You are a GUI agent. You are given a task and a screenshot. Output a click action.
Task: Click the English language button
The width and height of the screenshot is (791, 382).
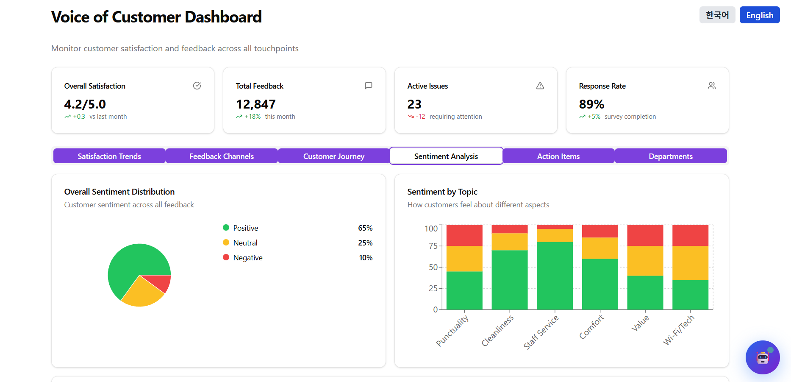759,15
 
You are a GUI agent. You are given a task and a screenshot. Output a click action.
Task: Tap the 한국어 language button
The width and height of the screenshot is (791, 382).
717,15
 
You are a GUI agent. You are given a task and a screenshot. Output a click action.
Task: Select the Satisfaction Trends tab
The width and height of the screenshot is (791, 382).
109,156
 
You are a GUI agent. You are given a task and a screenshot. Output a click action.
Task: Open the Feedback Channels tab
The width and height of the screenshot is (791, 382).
222,156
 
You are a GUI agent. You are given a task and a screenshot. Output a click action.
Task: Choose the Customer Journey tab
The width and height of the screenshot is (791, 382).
334,156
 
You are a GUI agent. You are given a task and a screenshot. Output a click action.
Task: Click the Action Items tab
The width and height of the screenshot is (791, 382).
558,156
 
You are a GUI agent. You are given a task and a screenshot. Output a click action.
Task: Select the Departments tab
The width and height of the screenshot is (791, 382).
671,156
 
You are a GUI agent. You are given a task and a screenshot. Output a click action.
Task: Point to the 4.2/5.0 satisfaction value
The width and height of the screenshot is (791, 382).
85,104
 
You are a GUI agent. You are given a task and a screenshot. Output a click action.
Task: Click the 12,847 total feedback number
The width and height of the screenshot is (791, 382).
256,104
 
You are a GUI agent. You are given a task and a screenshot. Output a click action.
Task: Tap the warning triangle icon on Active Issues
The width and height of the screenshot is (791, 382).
540,86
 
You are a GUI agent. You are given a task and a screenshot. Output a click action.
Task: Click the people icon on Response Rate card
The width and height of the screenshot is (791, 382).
712,86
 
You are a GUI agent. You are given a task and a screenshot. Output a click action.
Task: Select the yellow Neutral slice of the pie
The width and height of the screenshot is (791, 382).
142,295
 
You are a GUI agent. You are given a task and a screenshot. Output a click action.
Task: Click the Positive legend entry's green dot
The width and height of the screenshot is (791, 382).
226,228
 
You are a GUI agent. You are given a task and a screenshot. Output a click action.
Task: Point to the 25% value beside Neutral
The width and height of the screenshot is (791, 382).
365,243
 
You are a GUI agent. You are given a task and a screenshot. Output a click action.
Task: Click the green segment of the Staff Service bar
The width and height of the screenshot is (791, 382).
555,276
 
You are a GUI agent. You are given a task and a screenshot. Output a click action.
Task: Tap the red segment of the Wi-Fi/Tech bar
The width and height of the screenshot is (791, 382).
690,235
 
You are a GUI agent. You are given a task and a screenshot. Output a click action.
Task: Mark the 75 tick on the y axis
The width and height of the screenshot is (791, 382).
433,246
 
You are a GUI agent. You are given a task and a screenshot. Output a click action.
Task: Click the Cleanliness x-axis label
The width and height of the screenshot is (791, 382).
498,330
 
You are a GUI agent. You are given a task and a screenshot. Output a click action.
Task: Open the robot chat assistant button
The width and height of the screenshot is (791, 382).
763,357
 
